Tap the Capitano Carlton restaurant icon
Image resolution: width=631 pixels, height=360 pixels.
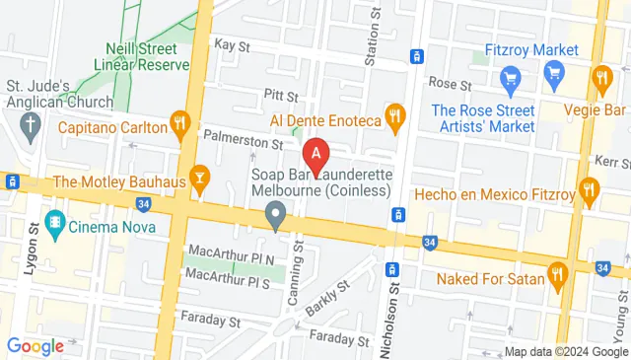click(x=178, y=123)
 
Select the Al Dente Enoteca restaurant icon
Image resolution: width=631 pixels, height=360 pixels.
click(x=395, y=117)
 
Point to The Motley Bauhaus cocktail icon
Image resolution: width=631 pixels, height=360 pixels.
click(x=201, y=179)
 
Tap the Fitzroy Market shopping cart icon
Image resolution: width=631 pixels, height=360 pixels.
click(x=553, y=71)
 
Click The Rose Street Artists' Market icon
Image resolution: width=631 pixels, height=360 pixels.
click(x=510, y=77)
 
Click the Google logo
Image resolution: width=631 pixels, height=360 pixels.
click(x=35, y=345)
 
